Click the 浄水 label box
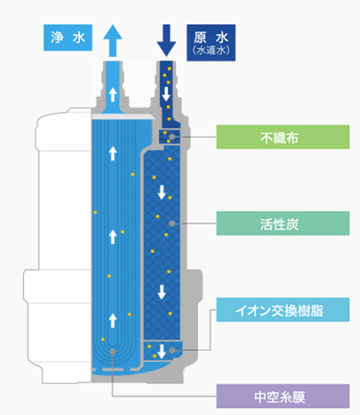point(68,37)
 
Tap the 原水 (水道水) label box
point(211,43)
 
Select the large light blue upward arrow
point(113,40)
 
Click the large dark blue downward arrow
point(166,40)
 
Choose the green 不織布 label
point(283,137)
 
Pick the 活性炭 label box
point(283,223)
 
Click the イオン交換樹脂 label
point(283,310)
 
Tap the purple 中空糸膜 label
point(283,396)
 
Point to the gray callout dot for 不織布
point(172,137)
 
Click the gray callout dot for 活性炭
point(172,223)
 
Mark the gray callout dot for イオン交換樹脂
point(172,351)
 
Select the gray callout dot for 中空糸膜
point(113,352)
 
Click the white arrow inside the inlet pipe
point(166,94)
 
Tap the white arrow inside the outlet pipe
point(113,95)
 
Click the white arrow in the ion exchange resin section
point(161,352)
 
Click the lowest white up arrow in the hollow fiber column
point(113,321)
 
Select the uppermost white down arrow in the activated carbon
point(161,192)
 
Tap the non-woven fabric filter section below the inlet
point(169,136)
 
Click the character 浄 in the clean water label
point(57,37)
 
